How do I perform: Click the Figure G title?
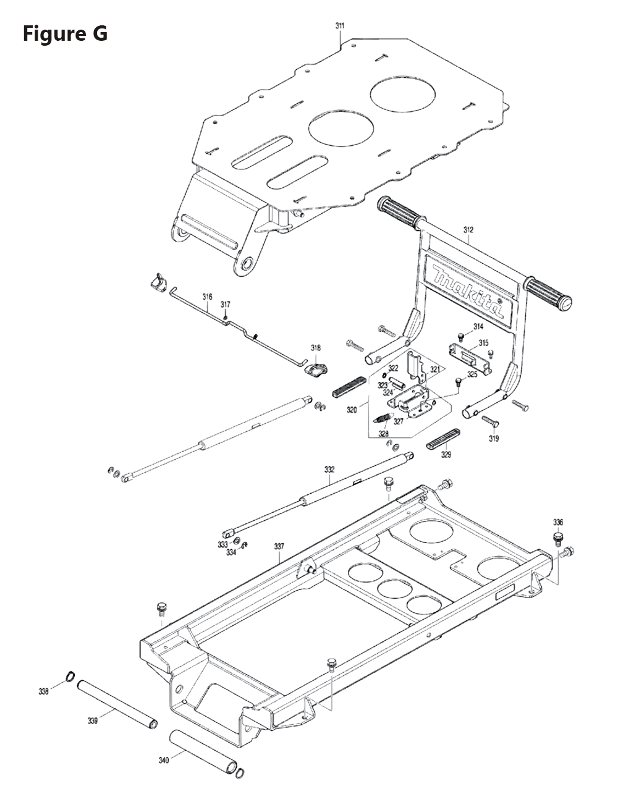(65, 33)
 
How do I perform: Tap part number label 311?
(340, 26)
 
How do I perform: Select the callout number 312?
(468, 230)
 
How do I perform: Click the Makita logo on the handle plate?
(468, 289)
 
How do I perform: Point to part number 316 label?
(207, 297)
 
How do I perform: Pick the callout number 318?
(316, 348)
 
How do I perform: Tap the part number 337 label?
(279, 546)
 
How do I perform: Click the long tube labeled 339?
(117, 704)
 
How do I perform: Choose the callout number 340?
(163, 760)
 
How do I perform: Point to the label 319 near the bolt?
(494, 439)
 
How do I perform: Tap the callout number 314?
(478, 326)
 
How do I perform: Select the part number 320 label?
(352, 409)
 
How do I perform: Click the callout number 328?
(384, 434)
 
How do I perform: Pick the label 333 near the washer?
(222, 544)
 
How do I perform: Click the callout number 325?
(472, 374)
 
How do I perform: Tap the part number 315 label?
(483, 343)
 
